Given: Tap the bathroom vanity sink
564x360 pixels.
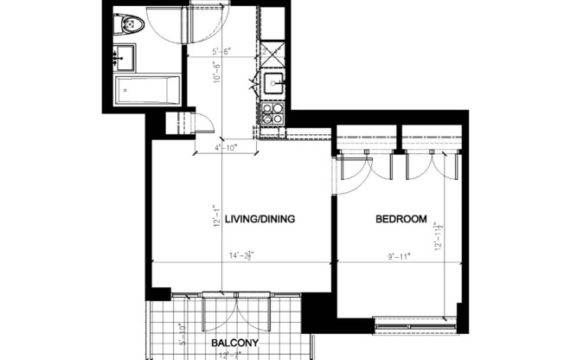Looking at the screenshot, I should click(125, 57).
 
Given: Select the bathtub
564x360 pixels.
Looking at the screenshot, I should click(148, 89).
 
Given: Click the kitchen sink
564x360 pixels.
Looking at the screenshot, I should click(274, 83).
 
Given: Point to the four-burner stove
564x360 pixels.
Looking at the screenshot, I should click(272, 112).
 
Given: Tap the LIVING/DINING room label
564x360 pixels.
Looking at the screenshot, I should click(260, 220).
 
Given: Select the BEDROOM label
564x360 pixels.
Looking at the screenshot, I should click(401, 220).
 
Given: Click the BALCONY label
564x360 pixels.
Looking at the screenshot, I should click(235, 344).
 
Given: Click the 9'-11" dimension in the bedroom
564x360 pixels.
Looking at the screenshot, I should click(400, 255).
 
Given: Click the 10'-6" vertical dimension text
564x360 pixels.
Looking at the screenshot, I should click(218, 83).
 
